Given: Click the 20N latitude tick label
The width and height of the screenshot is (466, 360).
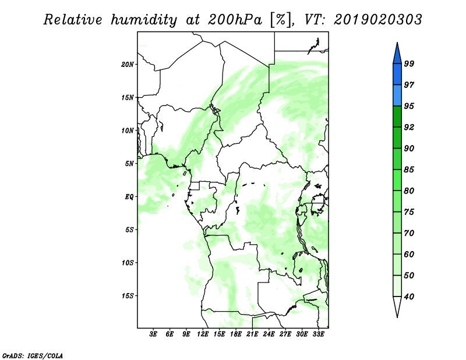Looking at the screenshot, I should click(128, 64).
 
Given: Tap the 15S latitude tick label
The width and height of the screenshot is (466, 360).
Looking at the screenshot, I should click(128, 295).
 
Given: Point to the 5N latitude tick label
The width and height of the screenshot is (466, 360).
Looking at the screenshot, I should click(129, 163).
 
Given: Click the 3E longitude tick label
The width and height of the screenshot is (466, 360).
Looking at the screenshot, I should click(153, 335).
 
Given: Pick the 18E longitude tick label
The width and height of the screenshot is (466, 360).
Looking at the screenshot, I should click(235, 335).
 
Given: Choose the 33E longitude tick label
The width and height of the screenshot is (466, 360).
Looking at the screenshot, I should click(318, 335).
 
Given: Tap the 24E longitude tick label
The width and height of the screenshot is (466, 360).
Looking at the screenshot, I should click(269, 335).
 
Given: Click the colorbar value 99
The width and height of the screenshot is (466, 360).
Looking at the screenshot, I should click(409, 64).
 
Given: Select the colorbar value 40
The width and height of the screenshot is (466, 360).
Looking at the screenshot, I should click(409, 297).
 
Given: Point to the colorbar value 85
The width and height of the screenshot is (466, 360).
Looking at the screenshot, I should click(409, 170).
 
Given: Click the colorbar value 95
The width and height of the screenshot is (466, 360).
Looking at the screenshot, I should click(409, 106).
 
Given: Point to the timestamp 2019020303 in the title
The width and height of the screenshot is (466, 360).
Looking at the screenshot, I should click(378, 20).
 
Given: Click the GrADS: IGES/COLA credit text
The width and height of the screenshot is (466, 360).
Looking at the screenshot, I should click(32, 354).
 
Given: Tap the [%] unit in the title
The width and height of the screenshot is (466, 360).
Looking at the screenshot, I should click(279, 20).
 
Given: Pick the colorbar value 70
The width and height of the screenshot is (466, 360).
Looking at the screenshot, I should click(409, 233).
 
